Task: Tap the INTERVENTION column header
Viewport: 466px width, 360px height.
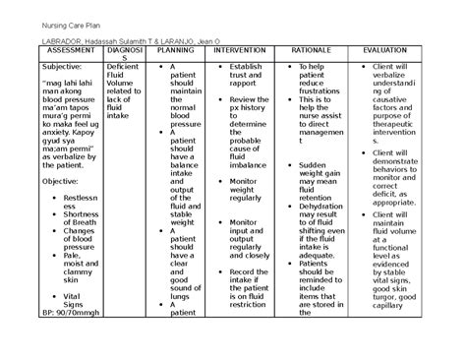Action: coord(237,49)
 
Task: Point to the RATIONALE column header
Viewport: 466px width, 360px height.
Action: coord(314,49)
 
